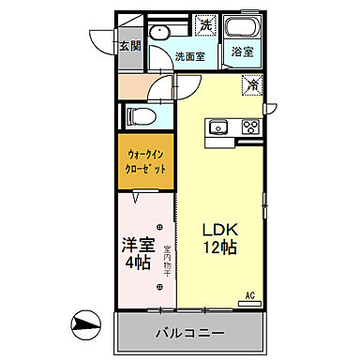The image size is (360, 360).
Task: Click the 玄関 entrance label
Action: [128, 45]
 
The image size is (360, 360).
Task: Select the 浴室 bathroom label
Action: [242, 52]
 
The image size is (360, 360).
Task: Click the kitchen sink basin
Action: [219, 127]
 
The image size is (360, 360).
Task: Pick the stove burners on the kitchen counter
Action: [249, 127]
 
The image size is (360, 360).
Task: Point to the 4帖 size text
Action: [137, 264]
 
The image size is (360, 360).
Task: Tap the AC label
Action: [250, 295]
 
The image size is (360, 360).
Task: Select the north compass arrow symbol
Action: [85, 329]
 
